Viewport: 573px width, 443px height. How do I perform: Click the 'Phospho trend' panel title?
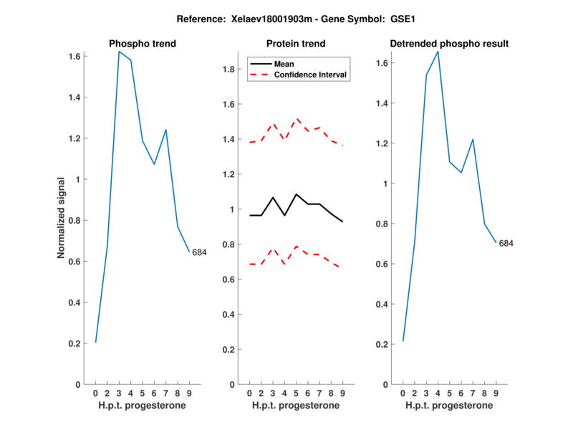point(142,44)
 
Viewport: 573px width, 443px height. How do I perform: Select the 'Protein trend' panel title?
point(295,44)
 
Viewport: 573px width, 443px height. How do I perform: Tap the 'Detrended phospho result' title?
point(449,44)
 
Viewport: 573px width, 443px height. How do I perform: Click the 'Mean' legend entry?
point(284,64)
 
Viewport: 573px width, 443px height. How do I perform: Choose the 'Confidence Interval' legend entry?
point(312,75)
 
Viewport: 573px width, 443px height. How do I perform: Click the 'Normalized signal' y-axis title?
point(62,218)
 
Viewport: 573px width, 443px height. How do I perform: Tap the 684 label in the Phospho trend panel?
point(199,252)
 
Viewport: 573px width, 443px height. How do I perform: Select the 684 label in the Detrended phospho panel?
point(506,244)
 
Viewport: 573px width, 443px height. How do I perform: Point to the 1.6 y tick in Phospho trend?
point(73,56)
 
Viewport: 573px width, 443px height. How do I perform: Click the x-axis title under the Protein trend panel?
point(295,405)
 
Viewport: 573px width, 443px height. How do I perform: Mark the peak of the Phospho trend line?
point(119,52)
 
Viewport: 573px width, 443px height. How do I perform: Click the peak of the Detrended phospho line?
point(438,51)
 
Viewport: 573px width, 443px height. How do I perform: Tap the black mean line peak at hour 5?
point(296,194)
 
